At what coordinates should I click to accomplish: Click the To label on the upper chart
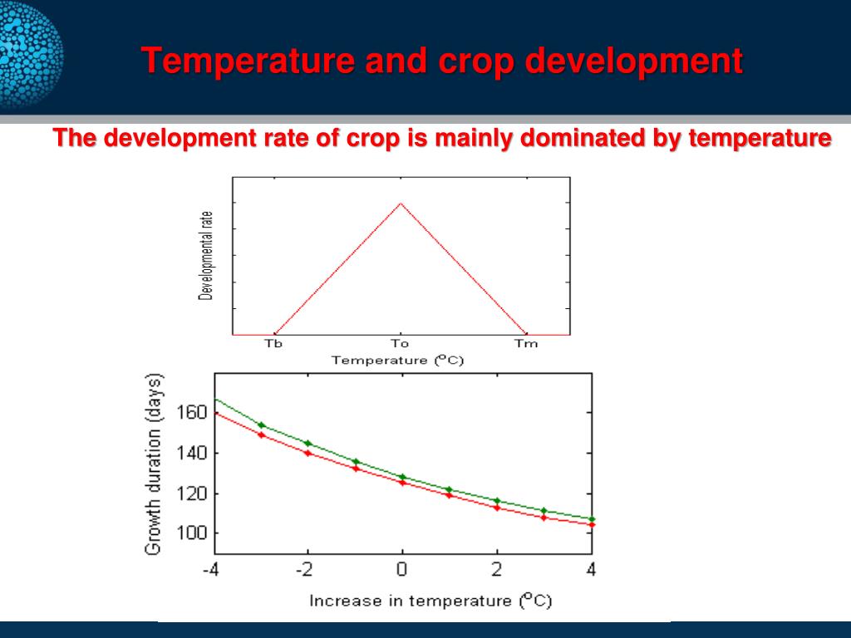[x=400, y=344]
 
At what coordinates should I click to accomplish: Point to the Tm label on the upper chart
[x=526, y=344]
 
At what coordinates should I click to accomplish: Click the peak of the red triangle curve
[x=401, y=203]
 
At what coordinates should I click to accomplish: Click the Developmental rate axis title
[x=205, y=255]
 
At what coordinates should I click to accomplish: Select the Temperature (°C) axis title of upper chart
[x=397, y=361]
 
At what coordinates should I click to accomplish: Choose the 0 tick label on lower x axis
[x=402, y=571]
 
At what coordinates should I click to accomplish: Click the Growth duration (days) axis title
[x=154, y=464]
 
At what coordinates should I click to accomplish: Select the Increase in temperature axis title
[x=430, y=600]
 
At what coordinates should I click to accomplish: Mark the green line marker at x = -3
[x=261, y=425]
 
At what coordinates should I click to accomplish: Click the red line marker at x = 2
[x=497, y=507]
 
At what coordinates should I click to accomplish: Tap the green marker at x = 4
[x=591, y=518]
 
